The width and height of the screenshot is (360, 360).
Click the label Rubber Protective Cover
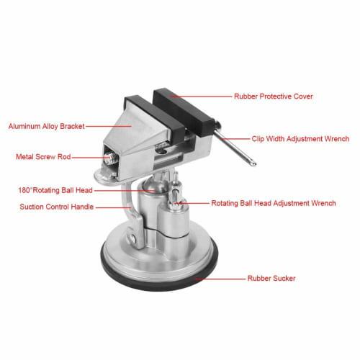tap(274, 95)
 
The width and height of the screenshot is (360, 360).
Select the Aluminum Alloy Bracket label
tap(46, 125)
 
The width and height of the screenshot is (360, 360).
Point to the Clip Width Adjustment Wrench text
tap(300, 138)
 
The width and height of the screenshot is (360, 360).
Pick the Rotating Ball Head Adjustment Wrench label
tap(273, 204)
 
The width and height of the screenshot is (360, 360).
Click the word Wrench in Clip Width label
tap(336, 138)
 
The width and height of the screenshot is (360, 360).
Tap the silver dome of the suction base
tap(162, 256)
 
